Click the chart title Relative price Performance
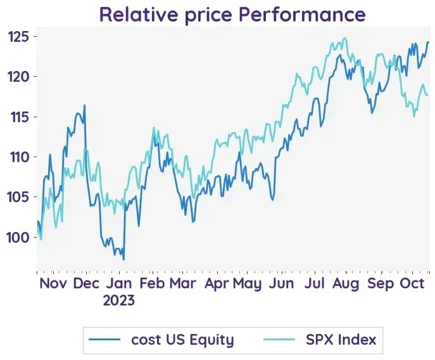232,15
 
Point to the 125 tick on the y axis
18,37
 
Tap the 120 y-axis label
18,77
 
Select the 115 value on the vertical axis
20,117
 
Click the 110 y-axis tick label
20,157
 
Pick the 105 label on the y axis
18,197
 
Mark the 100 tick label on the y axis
18,238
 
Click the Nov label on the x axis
53,283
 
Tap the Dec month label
86,283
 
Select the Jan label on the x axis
119,283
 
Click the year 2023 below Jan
119,300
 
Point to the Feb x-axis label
152,283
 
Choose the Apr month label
217,284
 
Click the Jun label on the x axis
281,283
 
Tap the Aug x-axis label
346,284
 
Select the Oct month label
412,283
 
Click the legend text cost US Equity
183,340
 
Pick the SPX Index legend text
341,340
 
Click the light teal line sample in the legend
279,340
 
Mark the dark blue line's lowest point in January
123,260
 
